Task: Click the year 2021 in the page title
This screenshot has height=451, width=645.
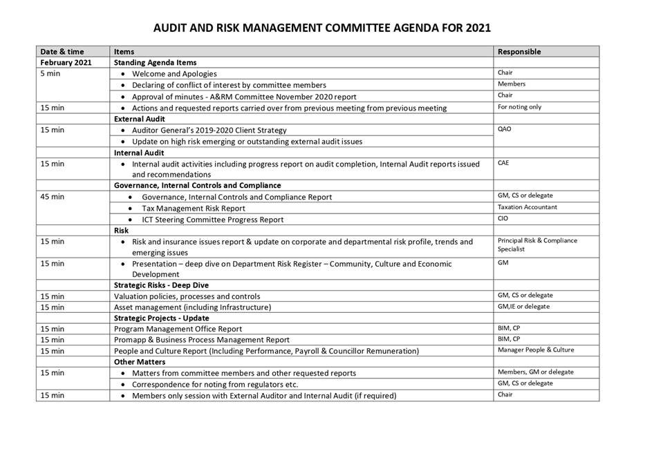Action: coord(477,28)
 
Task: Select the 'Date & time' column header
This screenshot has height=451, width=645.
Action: coord(63,52)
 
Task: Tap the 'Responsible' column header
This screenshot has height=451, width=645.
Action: coord(519,52)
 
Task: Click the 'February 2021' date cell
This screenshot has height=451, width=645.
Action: coord(66,63)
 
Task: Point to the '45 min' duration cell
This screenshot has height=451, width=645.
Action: coord(53,197)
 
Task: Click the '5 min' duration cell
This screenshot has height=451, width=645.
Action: coord(50,74)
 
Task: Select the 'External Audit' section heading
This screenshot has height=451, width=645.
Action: coord(139,119)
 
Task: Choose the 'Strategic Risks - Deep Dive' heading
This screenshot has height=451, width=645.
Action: coord(161,285)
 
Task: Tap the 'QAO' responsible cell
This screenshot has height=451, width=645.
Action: coord(505,129)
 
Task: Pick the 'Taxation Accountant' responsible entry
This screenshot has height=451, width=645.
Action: coord(527,207)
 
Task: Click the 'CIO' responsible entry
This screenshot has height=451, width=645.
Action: coord(503,218)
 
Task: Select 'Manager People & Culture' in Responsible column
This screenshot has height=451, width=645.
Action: coord(536,350)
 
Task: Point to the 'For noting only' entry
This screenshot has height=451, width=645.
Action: coord(519,107)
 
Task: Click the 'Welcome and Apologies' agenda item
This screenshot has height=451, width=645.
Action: coord(174,74)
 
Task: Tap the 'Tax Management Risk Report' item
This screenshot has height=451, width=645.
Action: coord(193,208)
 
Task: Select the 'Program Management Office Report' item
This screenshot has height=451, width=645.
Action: coord(178,329)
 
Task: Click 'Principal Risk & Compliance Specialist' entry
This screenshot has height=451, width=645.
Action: coord(537,244)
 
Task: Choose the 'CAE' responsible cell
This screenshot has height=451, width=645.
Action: coord(504,163)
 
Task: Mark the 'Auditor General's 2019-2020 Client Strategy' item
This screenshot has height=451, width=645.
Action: coord(209,130)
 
